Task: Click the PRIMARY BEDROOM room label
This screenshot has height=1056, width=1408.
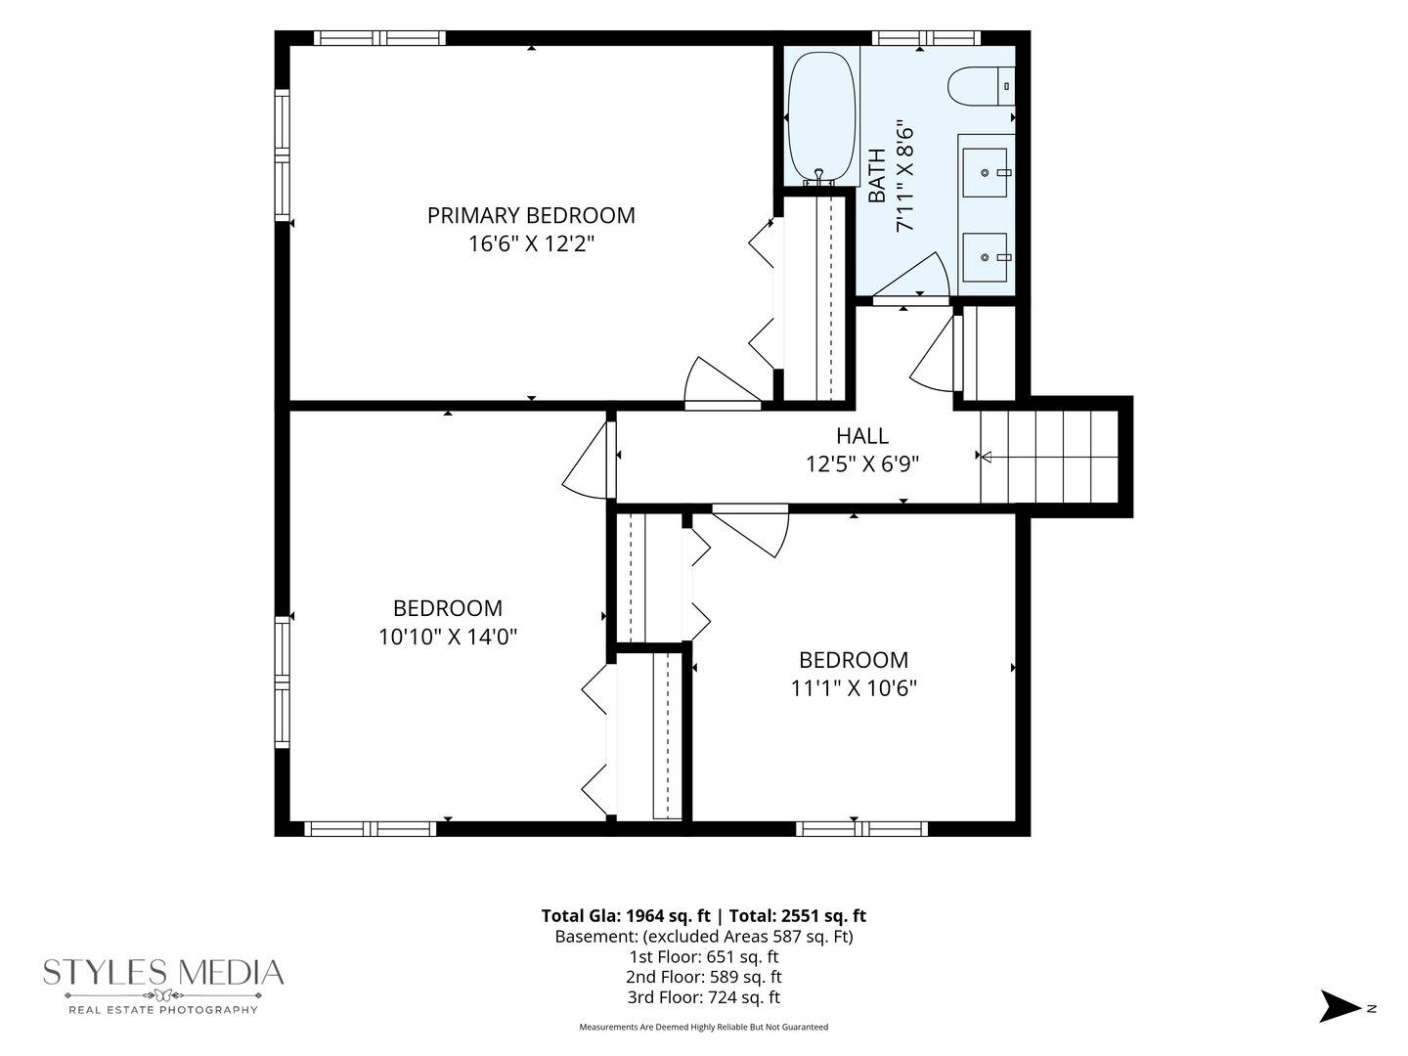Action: coord(531,215)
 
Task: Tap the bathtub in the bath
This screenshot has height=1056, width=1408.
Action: coord(821,118)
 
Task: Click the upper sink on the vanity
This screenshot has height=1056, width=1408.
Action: coord(986,172)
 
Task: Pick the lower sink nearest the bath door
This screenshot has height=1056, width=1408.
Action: coord(986,257)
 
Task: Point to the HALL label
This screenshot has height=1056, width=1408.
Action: coord(862,436)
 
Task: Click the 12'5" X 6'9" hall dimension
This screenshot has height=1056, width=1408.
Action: coord(862,463)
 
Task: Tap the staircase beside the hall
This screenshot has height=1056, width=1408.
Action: coord(1049,457)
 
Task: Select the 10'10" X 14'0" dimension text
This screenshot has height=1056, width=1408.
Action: coord(447,637)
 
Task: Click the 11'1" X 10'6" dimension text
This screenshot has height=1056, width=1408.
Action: coord(854,688)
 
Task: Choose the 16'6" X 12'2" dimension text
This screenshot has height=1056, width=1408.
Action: coord(531,243)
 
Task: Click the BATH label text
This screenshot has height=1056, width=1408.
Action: coord(877,175)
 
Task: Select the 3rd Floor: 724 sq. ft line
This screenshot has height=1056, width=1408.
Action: coord(704,997)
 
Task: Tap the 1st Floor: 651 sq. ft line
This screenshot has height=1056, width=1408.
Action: coord(704,956)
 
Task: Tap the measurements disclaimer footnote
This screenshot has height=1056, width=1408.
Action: coord(704,1027)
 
